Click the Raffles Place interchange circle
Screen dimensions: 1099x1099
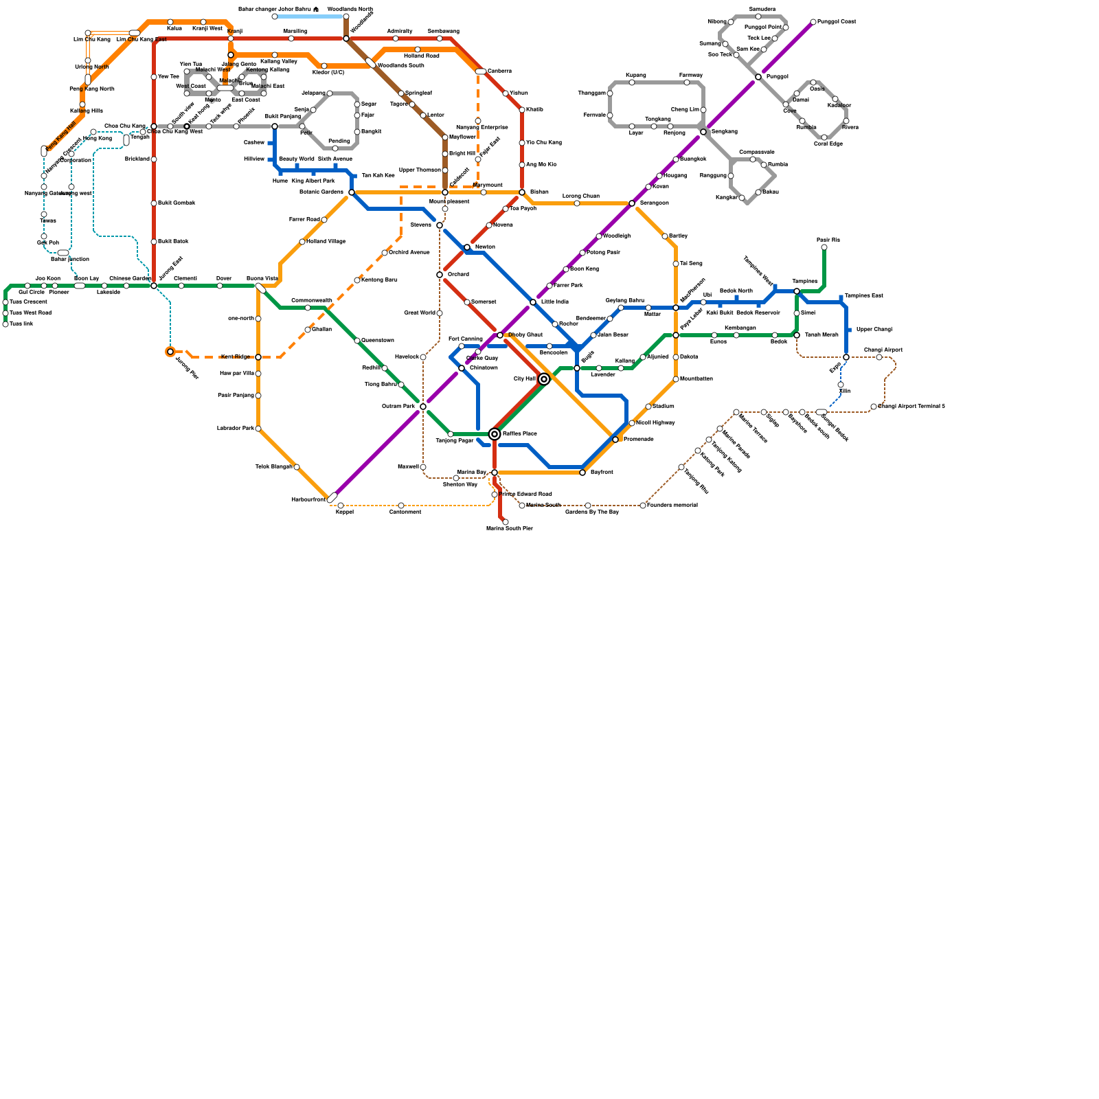[495, 433]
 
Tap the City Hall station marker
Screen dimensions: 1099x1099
[544, 379]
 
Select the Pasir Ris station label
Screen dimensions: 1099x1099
[828, 240]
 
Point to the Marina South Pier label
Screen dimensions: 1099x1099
[509, 528]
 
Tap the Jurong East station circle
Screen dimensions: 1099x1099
[154, 286]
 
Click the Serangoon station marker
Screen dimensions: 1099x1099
[632, 203]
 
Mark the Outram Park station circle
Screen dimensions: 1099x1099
[423, 407]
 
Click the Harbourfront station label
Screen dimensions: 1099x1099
[308, 499]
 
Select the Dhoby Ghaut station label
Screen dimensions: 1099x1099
[525, 335]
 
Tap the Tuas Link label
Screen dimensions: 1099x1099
[21, 324]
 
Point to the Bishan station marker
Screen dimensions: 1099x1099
[522, 192]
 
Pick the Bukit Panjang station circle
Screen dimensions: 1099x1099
[275, 126]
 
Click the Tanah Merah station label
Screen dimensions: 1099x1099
[821, 335]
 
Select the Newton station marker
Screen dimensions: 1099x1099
[467, 247]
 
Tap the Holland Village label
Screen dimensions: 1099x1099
[326, 241]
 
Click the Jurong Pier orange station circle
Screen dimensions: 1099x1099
[170, 352]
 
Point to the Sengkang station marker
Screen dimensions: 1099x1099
[703, 132]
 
